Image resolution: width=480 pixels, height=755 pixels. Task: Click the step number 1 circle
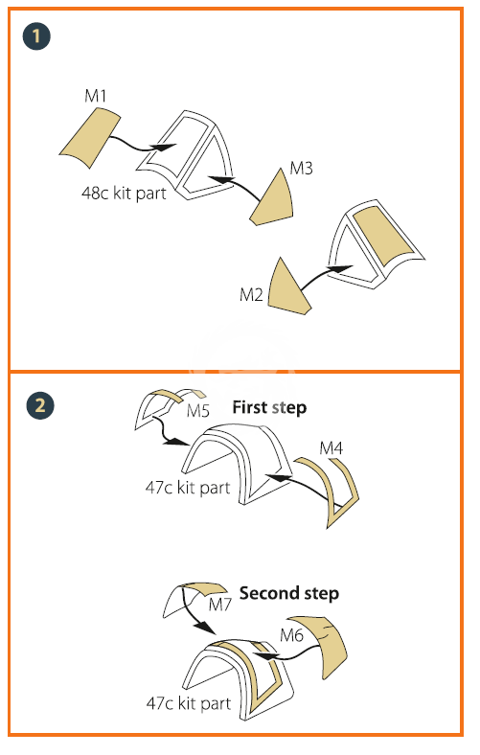36,36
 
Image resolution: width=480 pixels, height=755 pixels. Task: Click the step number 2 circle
40,405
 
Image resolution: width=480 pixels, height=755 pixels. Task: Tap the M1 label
95,96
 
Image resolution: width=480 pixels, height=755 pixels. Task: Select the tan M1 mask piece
89,138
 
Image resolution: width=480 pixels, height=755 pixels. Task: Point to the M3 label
302,168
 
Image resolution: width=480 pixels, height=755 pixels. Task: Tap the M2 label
251,295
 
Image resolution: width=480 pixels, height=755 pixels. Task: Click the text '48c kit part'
124,194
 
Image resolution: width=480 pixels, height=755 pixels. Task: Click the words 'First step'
269,408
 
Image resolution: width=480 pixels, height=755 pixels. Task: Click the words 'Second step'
289,593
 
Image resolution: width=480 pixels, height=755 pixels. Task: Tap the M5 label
198,411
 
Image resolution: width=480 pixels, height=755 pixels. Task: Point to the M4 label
331,448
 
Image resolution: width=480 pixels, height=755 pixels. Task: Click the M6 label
292,635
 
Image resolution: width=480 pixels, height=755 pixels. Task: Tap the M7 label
220,605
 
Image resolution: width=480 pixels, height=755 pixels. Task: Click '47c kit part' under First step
188,488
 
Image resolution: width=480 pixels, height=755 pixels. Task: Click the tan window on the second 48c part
383,236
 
